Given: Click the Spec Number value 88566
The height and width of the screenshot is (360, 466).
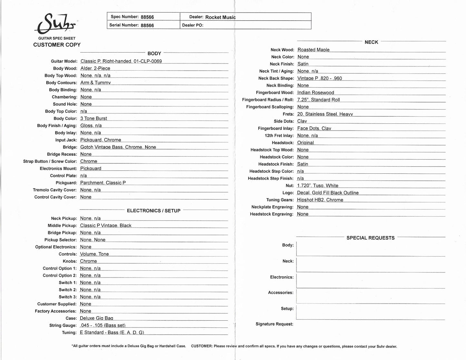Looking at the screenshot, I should [147, 17].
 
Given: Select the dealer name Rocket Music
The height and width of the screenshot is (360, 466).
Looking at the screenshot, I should [220, 17].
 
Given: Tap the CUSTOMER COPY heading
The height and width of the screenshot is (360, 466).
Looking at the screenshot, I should [57, 45].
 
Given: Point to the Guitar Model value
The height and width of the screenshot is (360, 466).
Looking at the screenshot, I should [121, 61].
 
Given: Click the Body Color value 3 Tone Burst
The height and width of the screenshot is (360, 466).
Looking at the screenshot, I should [94, 118].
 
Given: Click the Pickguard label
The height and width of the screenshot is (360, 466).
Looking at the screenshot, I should [66, 183].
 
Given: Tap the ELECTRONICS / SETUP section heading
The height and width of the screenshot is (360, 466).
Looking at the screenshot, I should [154, 211].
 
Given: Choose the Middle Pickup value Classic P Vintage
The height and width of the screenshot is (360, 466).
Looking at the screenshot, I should [105, 226].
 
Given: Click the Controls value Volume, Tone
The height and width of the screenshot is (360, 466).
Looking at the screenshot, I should [94, 254].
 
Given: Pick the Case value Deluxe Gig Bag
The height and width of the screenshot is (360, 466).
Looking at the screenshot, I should [96, 318].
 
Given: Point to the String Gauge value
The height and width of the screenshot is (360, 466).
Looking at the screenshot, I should [103, 325].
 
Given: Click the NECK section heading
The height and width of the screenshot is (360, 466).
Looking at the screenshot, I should [371, 42].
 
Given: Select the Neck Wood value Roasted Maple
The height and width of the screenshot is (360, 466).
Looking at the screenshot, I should [313, 50].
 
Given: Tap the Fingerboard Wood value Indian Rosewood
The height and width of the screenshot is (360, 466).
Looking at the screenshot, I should [315, 92].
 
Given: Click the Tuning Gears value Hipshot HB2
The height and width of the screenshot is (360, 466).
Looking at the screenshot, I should [320, 200].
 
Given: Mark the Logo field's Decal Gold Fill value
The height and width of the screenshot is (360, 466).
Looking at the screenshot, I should [328, 193].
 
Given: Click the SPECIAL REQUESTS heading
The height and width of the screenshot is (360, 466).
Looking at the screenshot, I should [370, 238].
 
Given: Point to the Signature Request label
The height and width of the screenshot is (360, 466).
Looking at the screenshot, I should [274, 324].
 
